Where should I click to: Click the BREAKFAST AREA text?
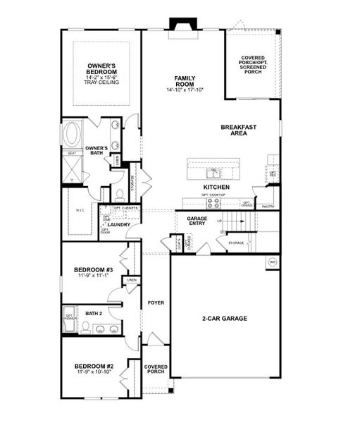[x=238, y=130]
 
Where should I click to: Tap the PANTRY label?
[x=268, y=207]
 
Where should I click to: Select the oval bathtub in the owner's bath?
[x=73, y=133]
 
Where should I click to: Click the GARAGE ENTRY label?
[x=197, y=222]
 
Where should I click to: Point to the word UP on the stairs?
[x=220, y=221]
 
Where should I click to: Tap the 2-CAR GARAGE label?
[x=224, y=318]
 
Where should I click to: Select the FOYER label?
[x=156, y=302]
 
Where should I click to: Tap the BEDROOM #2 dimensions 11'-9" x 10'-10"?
[x=94, y=372]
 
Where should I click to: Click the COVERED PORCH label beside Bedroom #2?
[x=156, y=370]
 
